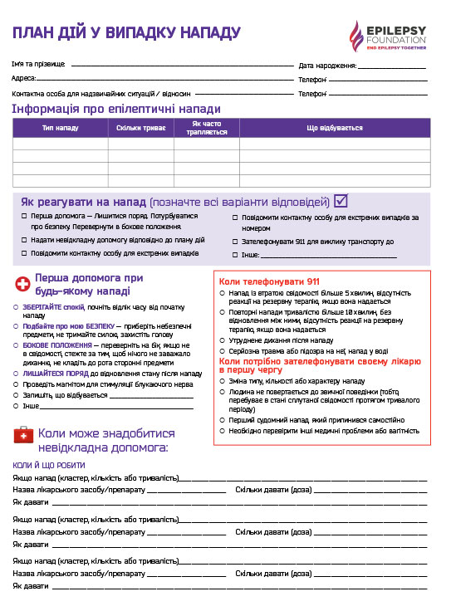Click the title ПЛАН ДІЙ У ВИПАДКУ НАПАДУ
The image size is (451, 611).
(x=125, y=32)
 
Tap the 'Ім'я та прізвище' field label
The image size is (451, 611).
(x=39, y=65)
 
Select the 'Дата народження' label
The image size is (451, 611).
(x=327, y=65)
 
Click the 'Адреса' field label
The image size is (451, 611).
(x=23, y=78)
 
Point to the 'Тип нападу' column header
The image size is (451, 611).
(x=60, y=129)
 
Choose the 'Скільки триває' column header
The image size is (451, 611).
(x=140, y=129)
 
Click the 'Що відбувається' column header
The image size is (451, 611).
(x=335, y=129)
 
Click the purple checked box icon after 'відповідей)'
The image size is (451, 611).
(x=341, y=201)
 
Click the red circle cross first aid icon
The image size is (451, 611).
(x=22, y=284)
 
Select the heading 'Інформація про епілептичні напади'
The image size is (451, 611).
(x=116, y=109)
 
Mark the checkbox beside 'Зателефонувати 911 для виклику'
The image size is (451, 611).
(x=235, y=242)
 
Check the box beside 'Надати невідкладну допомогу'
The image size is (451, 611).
(x=24, y=239)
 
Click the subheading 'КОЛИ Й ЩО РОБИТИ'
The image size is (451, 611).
(x=50, y=465)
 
